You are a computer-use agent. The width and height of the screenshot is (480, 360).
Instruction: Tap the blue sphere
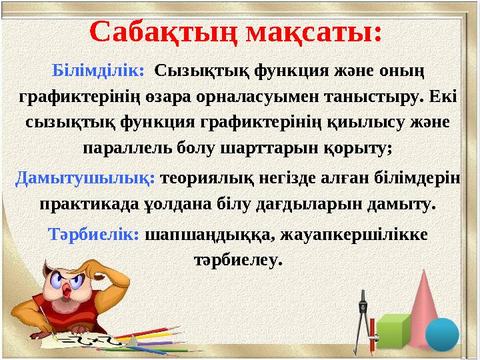(442, 334)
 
